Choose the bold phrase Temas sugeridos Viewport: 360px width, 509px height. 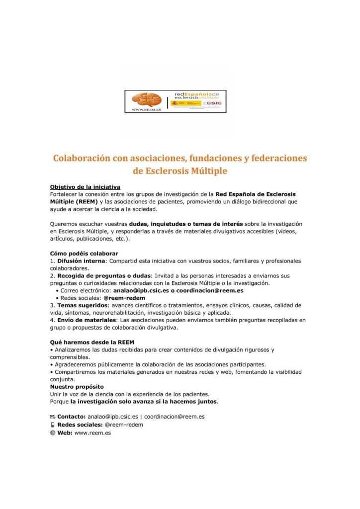click(x=83, y=305)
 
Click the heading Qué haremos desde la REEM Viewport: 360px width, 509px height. click(x=92, y=342)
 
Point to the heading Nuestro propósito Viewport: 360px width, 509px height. click(x=77, y=386)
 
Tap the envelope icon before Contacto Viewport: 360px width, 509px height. click(x=53, y=417)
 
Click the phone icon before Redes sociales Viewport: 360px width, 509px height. click(x=53, y=424)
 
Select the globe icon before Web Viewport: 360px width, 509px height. click(x=53, y=433)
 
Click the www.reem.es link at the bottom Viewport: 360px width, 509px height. click(x=92, y=433)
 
